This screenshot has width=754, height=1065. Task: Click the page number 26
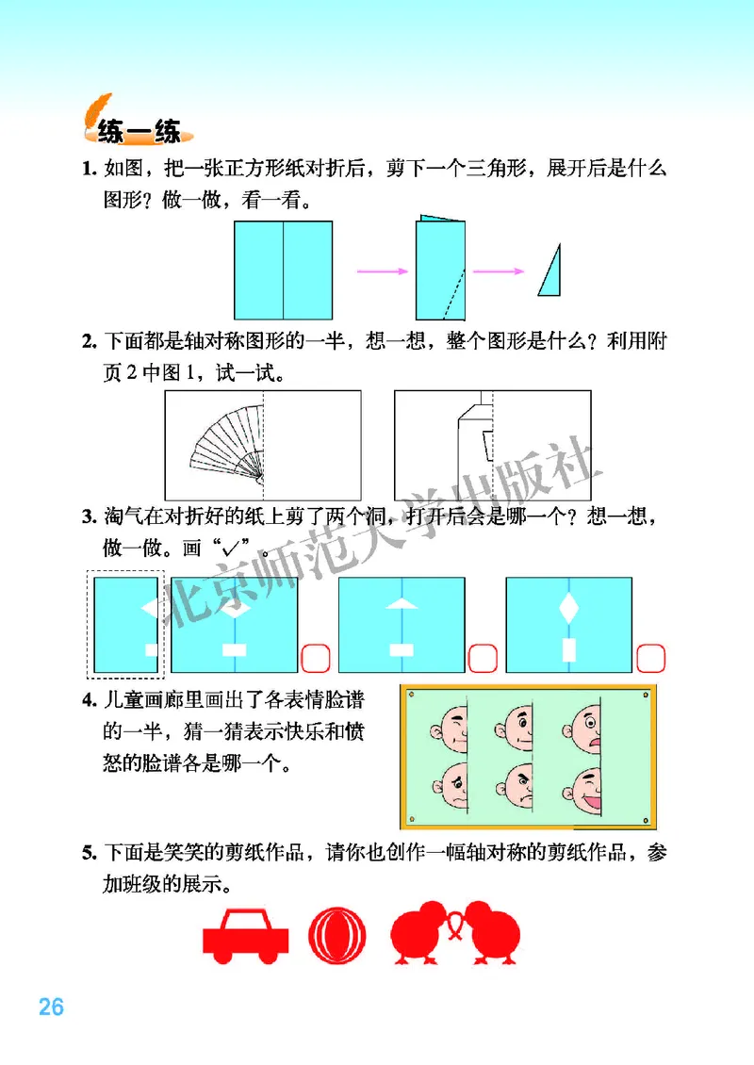[x=51, y=1007]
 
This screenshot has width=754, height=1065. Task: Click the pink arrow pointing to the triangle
[x=498, y=271]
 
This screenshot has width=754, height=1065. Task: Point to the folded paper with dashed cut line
[x=441, y=270]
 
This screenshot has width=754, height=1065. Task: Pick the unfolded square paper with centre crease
[x=284, y=270]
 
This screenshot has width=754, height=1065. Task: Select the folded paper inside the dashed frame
[x=126, y=624]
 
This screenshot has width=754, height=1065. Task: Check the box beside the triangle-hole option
[x=481, y=657]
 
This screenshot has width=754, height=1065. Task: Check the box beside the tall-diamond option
[x=650, y=657]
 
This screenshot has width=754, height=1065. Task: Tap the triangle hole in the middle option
[x=401, y=605]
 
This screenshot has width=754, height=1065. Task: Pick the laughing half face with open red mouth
[x=584, y=788]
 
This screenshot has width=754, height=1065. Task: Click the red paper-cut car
[x=245, y=936]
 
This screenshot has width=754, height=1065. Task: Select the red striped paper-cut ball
[x=334, y=936]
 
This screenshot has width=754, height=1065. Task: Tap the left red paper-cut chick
[x=423, y=934]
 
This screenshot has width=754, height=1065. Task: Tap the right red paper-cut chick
[x=493, y=934]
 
